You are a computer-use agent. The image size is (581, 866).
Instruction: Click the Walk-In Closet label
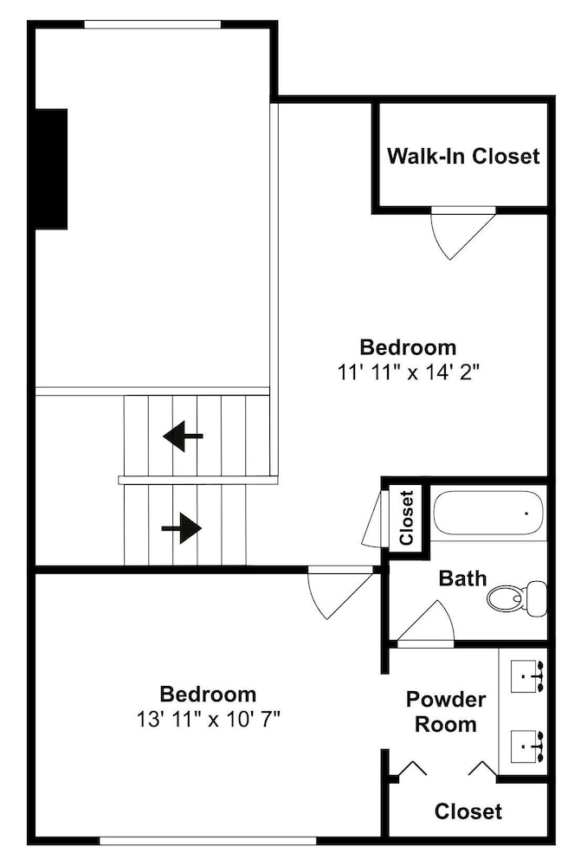(x=463, y=156)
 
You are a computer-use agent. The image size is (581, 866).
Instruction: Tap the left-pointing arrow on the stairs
(x=183, y=436)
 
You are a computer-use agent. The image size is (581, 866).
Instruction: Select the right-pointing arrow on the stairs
(x=181, y=528)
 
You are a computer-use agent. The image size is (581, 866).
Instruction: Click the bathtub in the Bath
(x=487, y=513)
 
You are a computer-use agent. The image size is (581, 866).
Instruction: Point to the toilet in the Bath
(x=517, y=598)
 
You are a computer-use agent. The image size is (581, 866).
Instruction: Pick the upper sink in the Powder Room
(x=528, y=675)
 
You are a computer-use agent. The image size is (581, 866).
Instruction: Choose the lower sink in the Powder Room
(x=528, y=746)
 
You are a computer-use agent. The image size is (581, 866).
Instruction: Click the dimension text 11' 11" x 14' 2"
(x=408, y=372)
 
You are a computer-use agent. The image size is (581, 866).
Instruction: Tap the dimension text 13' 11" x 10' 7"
(x=208, y=719)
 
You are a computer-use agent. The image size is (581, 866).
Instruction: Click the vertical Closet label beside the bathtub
(x=406, y=518)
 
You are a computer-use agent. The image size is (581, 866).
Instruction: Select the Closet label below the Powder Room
(x=468, y=811)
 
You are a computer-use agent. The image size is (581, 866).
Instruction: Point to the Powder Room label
(x=446, y=711)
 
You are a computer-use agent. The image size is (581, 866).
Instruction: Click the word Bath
(x=462, y=578)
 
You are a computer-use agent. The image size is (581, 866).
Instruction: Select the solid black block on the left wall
(x=51, y=169)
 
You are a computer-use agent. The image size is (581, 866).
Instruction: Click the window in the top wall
(x=152, y=24)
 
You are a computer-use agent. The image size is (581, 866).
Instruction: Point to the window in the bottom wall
(x=208, y=841)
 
